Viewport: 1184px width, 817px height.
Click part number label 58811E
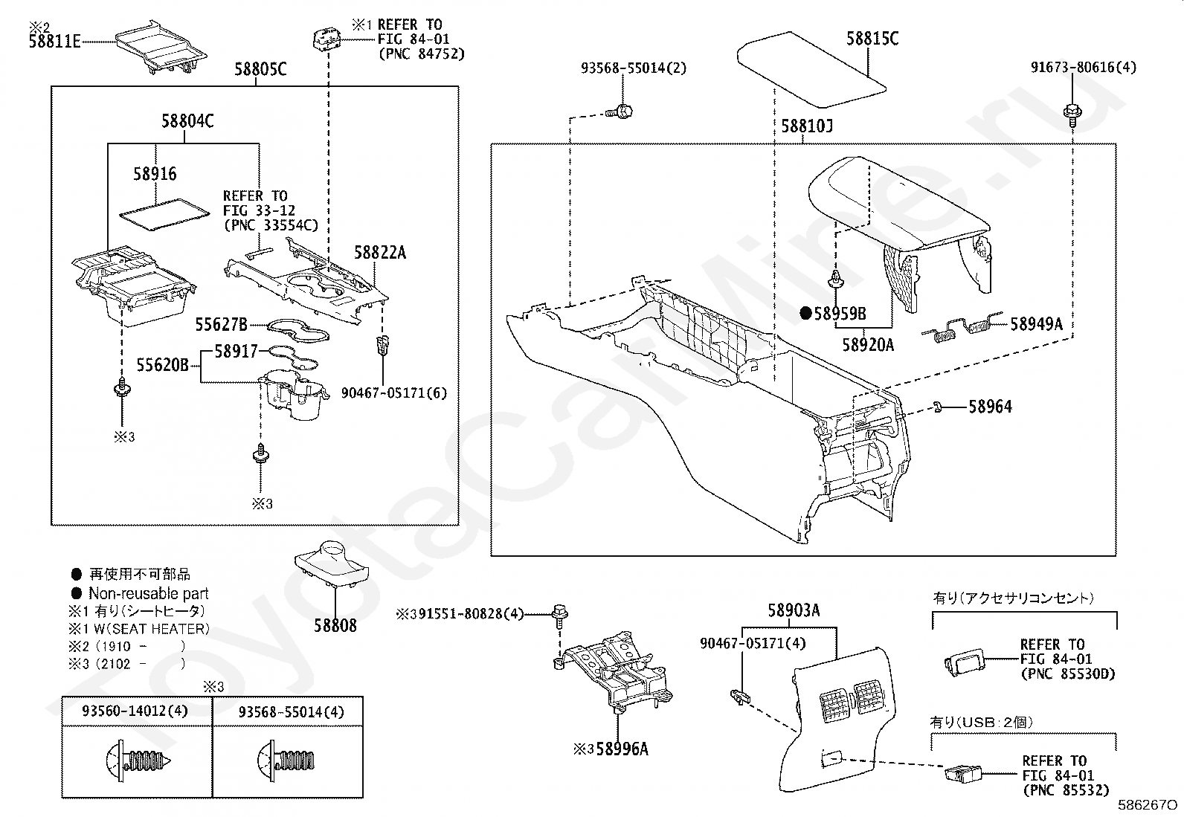pos(54,42)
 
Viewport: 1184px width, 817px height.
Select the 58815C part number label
pos(872,39)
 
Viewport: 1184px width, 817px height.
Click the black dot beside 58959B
pos(805,314)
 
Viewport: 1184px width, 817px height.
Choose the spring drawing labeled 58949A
pos(962,327)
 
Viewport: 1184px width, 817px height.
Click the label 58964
pos(990,407)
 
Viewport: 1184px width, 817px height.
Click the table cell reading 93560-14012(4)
pos(135,711)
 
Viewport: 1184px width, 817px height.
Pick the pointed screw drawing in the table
pos(138,761)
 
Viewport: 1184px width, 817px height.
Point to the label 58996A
pos(622,749)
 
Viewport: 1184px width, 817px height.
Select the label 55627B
pos(221,324)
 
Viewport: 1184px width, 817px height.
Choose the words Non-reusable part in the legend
pos(149,593)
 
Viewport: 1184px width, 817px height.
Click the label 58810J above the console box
pos(807,126)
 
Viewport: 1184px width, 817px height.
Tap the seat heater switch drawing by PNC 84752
pos(326,39)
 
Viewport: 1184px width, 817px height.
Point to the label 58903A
pos(794,611)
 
